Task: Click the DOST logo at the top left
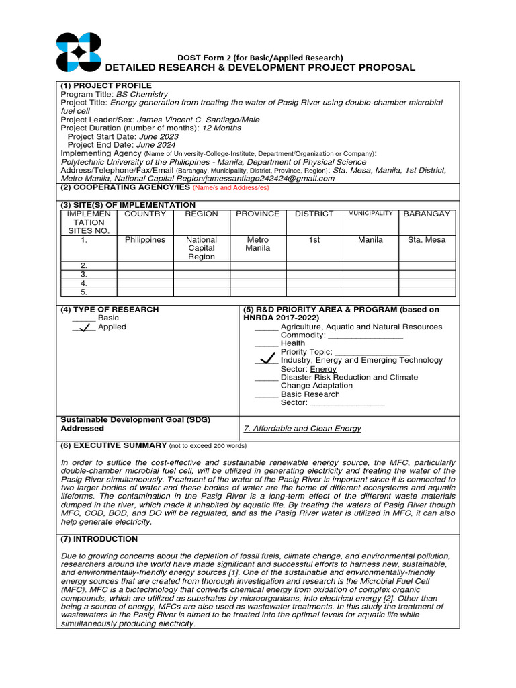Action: (x=79, y=52)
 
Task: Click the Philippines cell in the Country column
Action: (x=145, y=240)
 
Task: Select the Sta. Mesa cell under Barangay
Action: (x=427, y=240)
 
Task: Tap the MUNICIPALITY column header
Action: (x=370, y=214)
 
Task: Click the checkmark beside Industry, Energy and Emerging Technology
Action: (x=267, y=359)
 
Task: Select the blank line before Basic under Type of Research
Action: (x=83, y=318)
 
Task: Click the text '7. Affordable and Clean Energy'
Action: (x=302, y=429)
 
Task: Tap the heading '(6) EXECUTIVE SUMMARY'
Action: (x=114, y=445)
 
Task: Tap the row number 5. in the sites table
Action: (x=84, y=292)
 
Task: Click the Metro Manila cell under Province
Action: (x=258, y=244)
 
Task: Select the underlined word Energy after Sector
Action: (x=323, y=369)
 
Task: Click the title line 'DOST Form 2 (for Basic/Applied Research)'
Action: (x=260, y=57)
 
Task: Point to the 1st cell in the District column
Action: (x=314, y=240)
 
